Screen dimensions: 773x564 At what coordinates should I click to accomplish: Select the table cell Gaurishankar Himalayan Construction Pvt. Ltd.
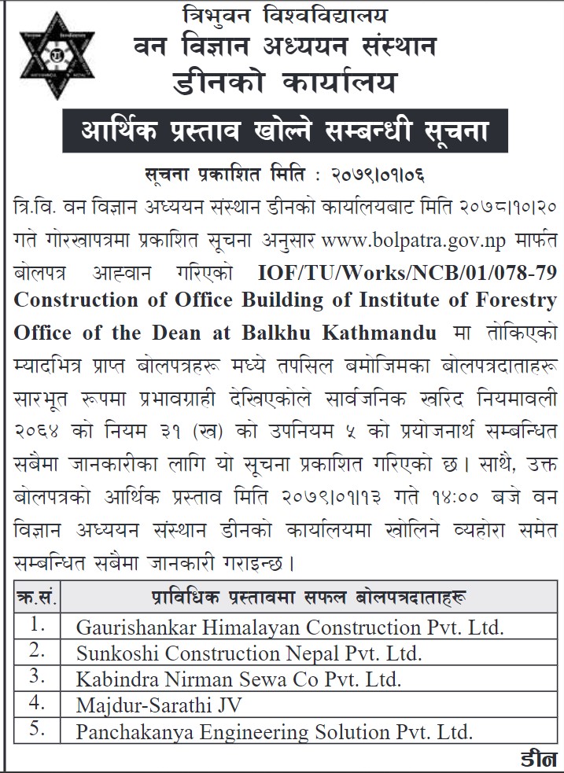click(x=289, y=627)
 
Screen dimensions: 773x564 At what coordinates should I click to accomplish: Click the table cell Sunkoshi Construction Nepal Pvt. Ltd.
click(x=249, y=653)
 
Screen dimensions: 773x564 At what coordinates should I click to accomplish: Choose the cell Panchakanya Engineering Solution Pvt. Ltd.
click(x=274, y=732)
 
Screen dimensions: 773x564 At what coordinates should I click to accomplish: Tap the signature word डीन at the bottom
click(x=538, y=760)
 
